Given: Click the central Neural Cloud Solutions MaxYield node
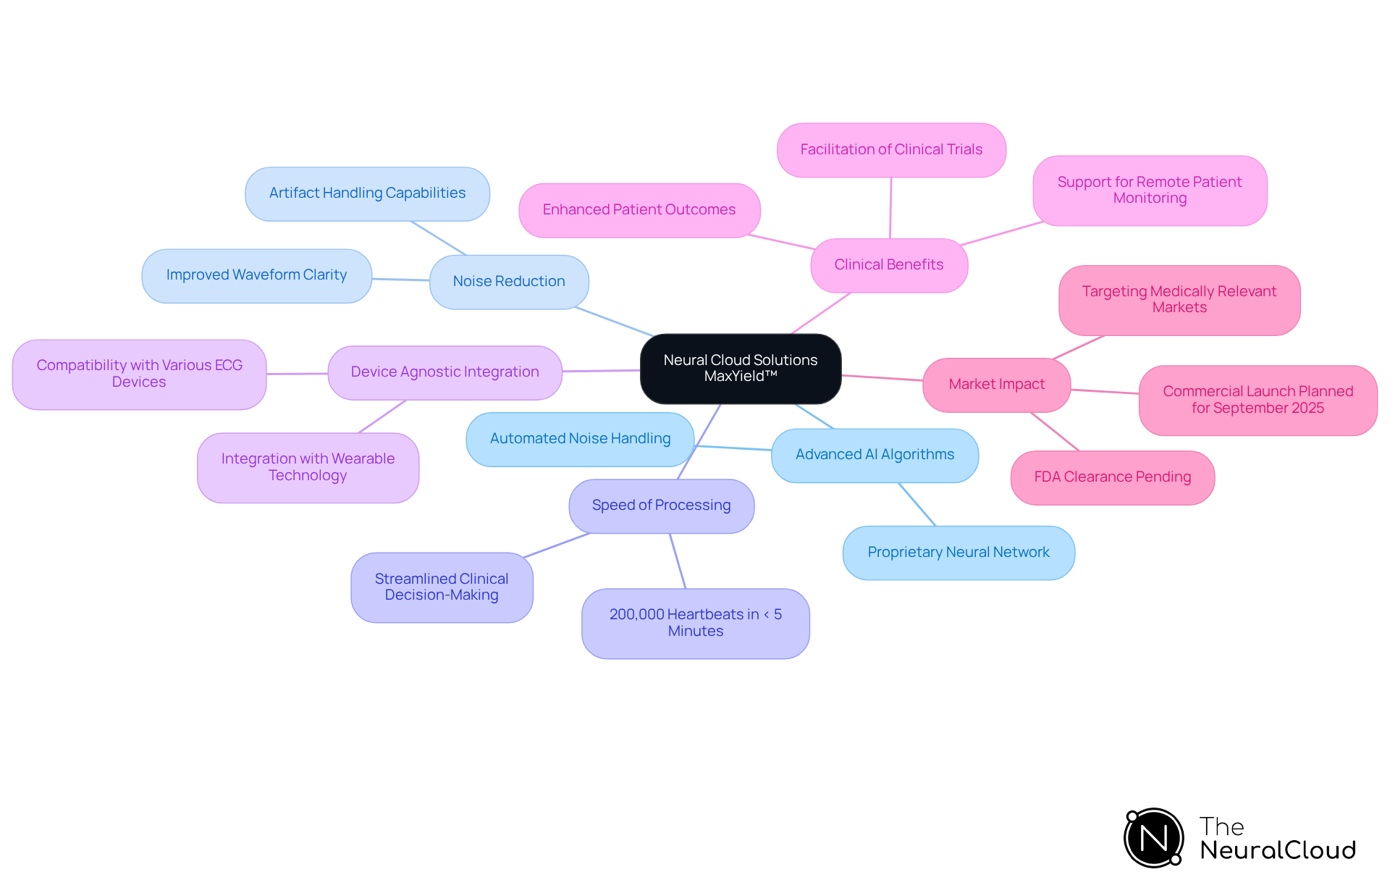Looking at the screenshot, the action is point(740,368).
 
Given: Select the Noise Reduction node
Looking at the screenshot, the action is point(509,282).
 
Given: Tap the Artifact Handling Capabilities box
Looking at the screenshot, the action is point(367,193).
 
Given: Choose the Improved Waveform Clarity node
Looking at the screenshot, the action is point(256,275).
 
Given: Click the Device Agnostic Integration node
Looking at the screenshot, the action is point(445,372).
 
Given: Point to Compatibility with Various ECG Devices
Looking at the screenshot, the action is point(139,374).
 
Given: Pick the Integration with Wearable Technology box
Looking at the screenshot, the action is point(308,467).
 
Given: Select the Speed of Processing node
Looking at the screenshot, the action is point(661,506).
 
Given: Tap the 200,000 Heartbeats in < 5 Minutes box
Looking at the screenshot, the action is point(695,623).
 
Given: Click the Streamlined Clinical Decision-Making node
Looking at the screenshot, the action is point(442,587).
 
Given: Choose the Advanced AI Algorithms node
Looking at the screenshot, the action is point(875,455).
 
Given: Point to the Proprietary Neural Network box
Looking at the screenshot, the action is point(958,553).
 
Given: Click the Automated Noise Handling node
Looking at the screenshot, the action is point(580,439).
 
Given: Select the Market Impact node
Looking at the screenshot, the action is point(996,385).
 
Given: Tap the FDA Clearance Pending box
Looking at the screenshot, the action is point(1112,477).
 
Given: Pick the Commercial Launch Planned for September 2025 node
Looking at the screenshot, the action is point(1258,400).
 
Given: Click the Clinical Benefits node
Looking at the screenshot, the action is point(888,265).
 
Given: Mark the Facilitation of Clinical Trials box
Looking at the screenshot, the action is point(890,150).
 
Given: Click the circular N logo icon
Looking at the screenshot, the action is point(1153,838).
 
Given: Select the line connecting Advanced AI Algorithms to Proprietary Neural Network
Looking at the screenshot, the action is point(917,504).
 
